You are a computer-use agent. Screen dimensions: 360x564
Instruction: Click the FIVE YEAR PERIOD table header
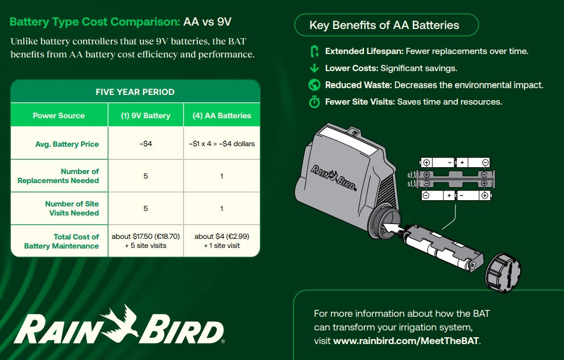pos(135,92)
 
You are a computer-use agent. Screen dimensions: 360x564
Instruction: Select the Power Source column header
pos(59,115)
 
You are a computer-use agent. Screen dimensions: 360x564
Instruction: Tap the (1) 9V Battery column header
pos(146,115)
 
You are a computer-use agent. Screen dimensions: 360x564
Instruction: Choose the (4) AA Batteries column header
pos(222,115)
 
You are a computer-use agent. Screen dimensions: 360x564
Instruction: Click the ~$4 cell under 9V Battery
pos(146,144)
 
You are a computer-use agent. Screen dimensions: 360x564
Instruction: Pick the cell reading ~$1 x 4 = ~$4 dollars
pos(222,144)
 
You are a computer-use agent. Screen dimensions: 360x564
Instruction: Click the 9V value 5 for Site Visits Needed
pos(146,208)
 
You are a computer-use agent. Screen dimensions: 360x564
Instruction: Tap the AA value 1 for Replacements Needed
pos(222,176)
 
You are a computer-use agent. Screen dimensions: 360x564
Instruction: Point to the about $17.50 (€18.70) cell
pos(146,241)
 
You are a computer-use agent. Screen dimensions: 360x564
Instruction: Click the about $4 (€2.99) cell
pos(222,241)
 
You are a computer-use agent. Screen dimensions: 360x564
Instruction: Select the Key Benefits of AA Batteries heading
pos(384,25)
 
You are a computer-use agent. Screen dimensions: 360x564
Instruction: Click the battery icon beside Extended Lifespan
pos(314,52)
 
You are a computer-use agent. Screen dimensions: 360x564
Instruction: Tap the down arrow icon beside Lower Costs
pos(314,68)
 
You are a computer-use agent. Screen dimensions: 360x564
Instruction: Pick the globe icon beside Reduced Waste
pos(314,85)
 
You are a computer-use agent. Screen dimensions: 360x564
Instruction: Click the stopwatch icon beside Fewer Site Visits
pos(314,102)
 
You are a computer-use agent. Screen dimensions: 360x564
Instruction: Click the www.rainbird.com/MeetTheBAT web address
pos(407,341)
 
